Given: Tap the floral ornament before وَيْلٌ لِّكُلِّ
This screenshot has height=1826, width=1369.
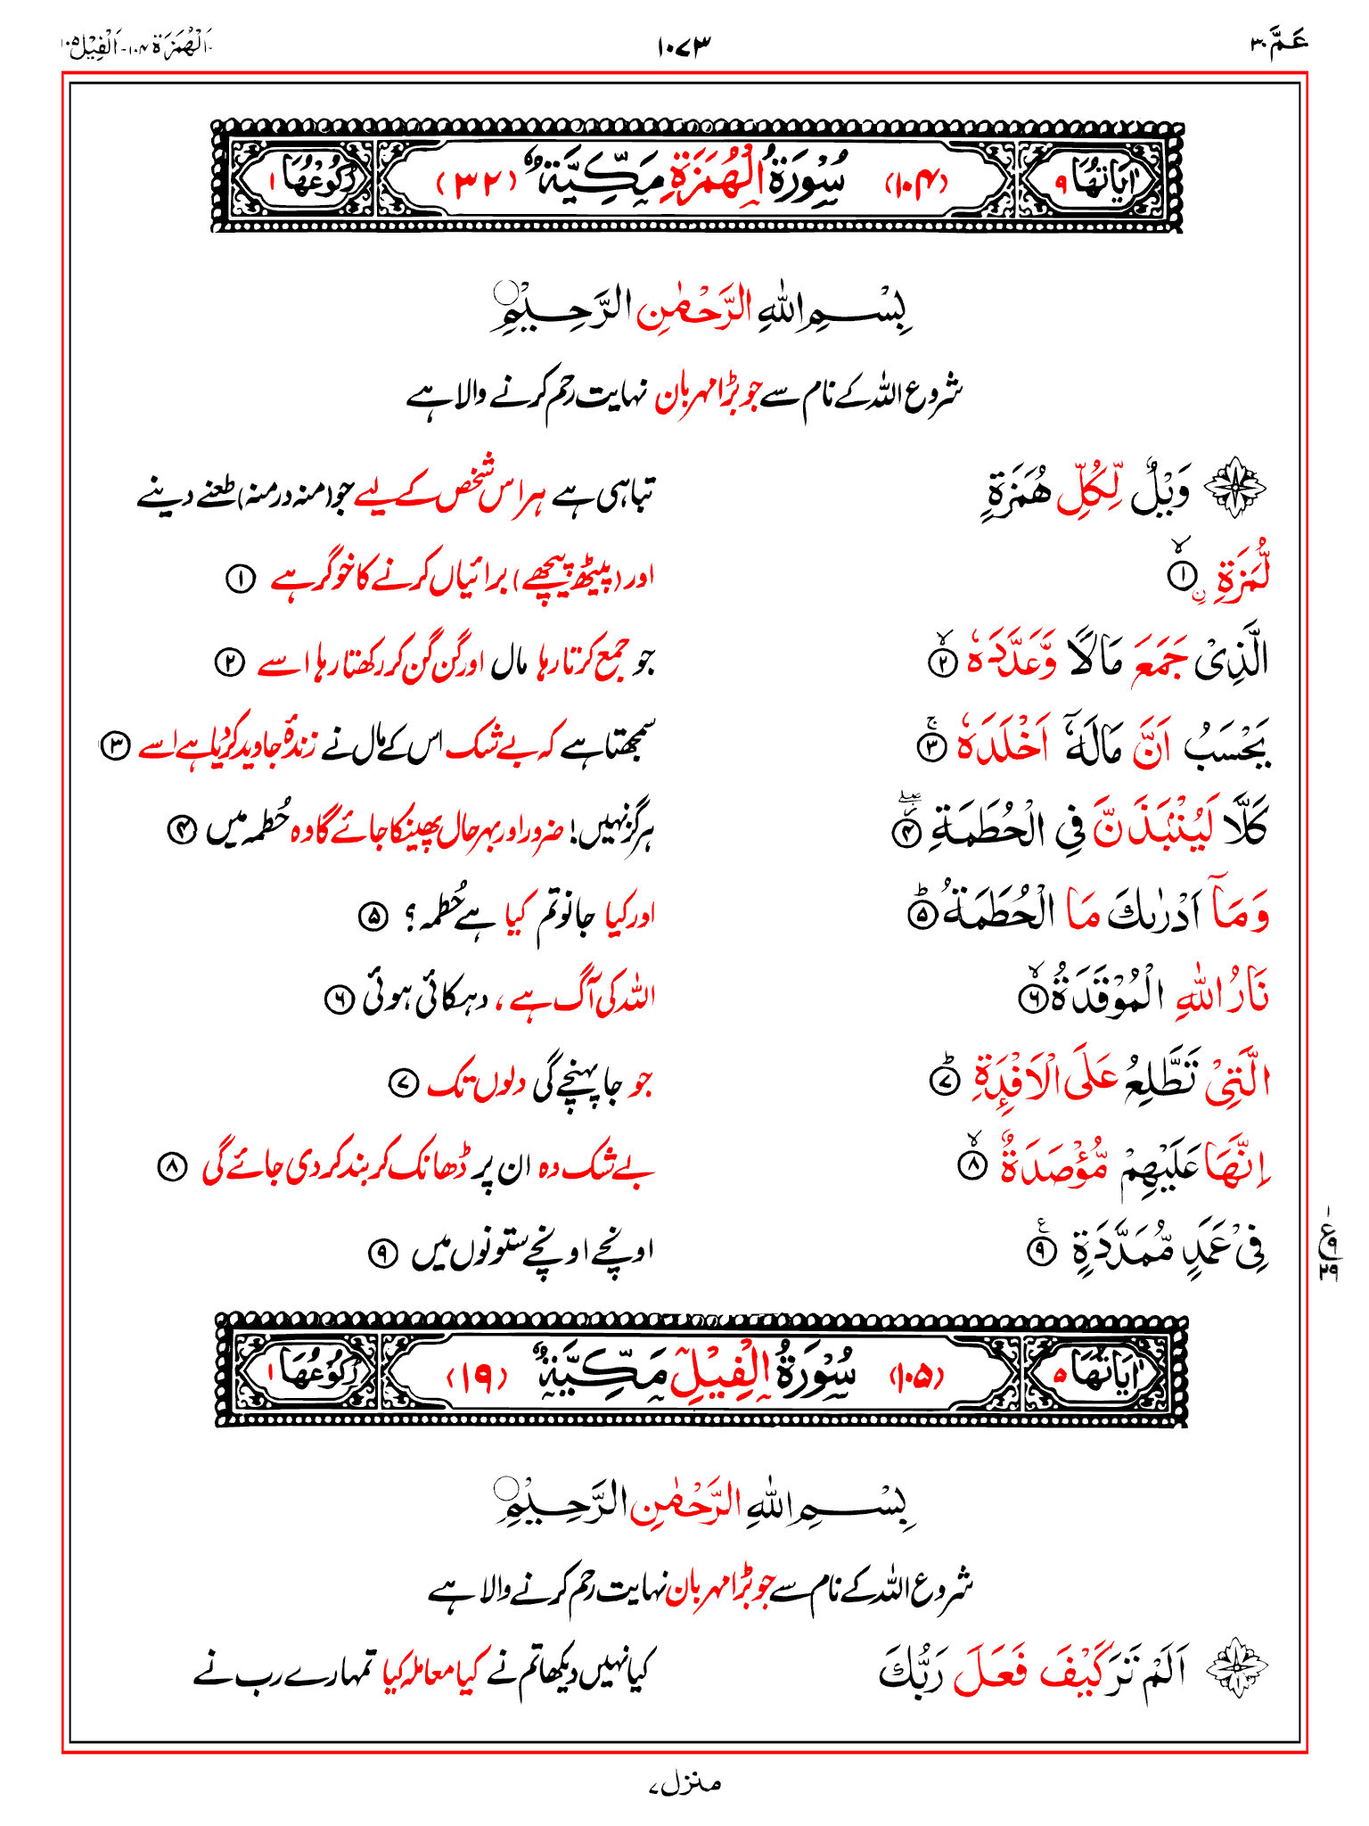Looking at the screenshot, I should click(1234, 488).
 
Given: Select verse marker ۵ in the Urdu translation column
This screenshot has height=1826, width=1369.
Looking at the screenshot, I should click(372, 916).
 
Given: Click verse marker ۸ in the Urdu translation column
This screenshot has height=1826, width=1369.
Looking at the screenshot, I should click(171, 1167).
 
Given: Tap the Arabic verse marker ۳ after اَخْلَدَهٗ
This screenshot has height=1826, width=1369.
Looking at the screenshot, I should click(931, 746).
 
